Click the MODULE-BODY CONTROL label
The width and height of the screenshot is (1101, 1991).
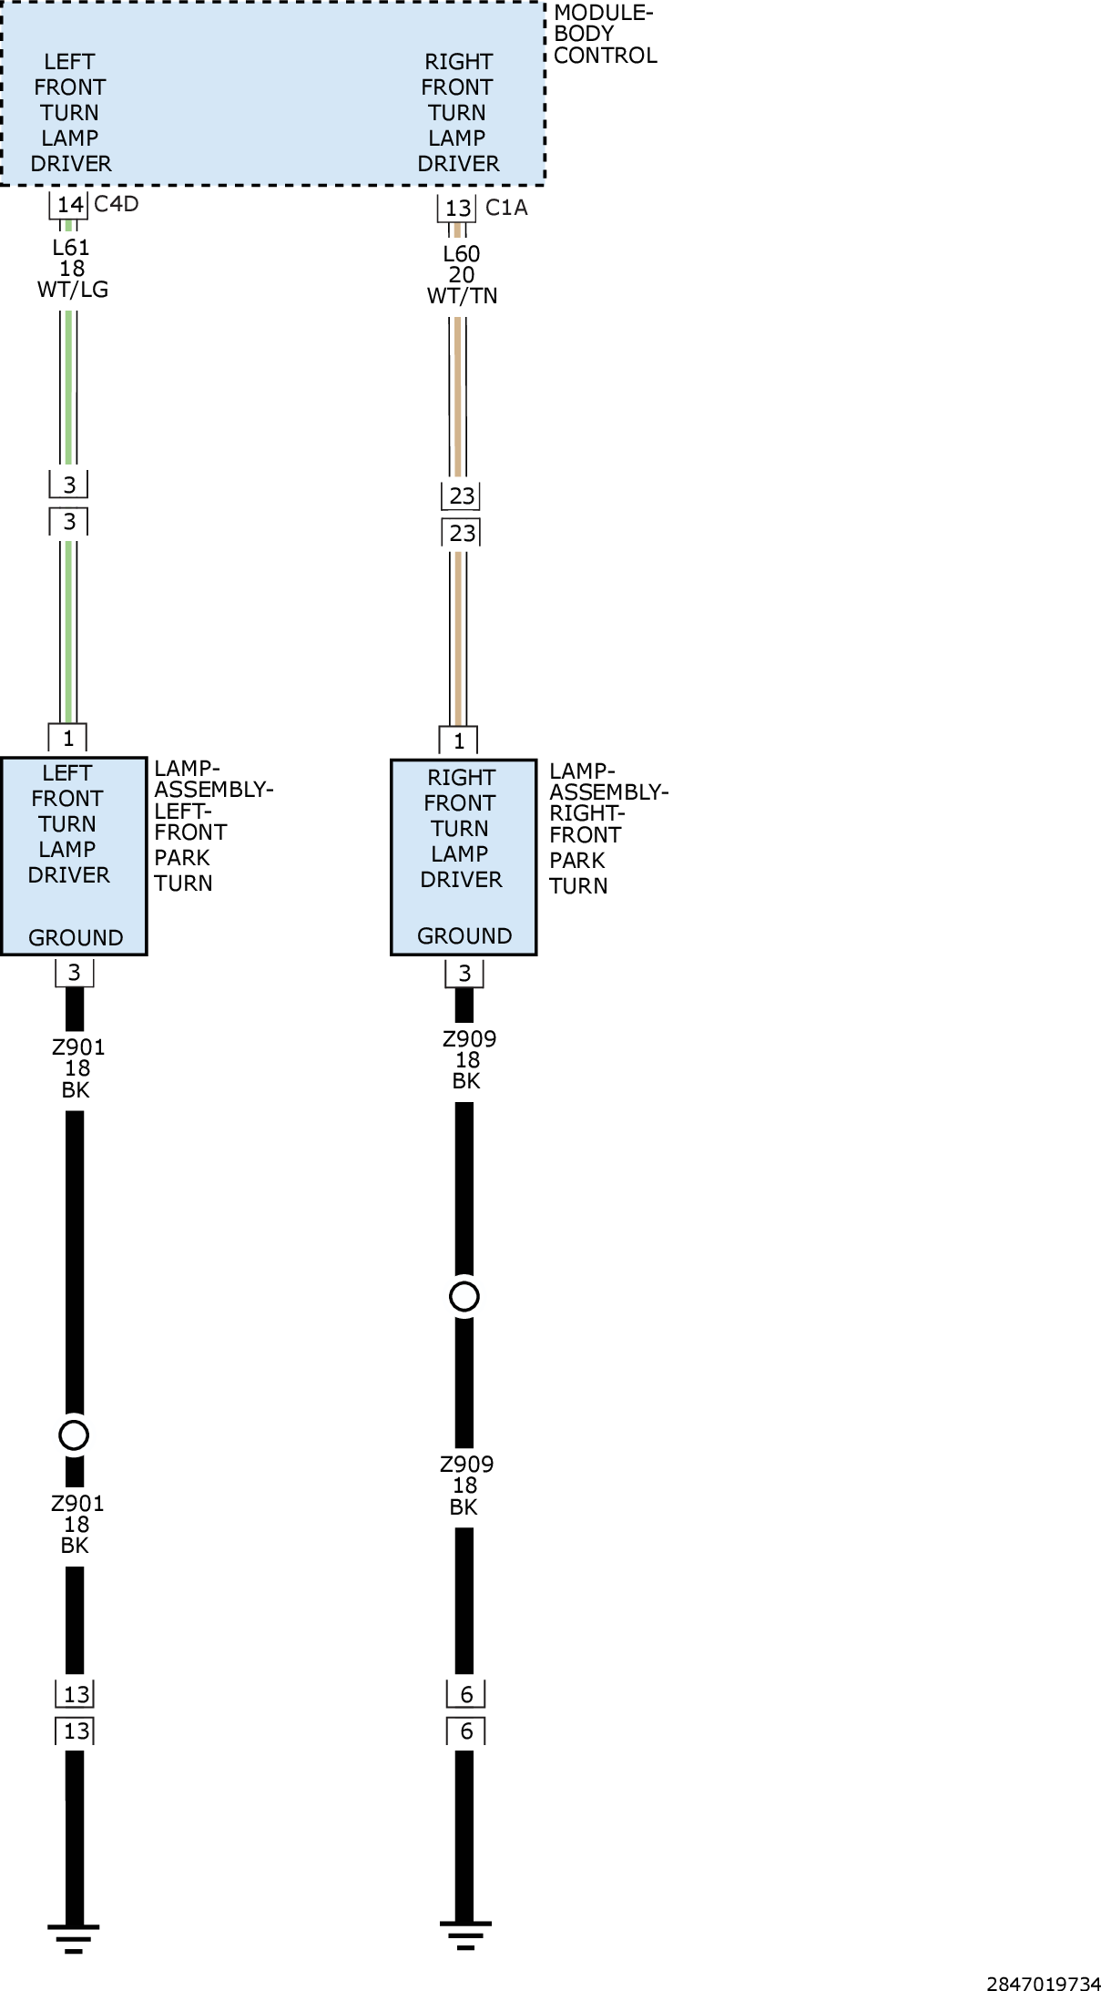tap(605, 35)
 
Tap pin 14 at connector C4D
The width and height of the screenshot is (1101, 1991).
tap(69, 204)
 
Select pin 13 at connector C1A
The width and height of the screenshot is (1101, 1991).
tap(458, 209)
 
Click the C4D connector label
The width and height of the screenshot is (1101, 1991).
tap(117, 203)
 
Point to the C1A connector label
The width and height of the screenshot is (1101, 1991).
tap(506, 208)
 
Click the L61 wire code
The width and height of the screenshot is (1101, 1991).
tap(71, 247)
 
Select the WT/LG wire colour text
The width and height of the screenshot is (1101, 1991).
tap(72, 290)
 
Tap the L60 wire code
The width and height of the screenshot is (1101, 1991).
tap(461, 254)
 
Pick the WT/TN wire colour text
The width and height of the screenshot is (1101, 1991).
tap(462, 296)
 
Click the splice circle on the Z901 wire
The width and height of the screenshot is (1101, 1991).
tap(74, 1435)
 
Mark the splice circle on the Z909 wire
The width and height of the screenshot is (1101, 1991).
tap(464, 1297)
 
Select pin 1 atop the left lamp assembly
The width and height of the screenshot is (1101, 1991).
tap(67, 738)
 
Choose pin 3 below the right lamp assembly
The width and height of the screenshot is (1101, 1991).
tap(464, 974)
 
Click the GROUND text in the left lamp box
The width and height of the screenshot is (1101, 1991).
tap(76, 938)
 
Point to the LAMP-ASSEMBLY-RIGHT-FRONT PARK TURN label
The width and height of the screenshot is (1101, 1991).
tap(608, 828)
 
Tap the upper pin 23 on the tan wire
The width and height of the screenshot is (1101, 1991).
tap(462, 496)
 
